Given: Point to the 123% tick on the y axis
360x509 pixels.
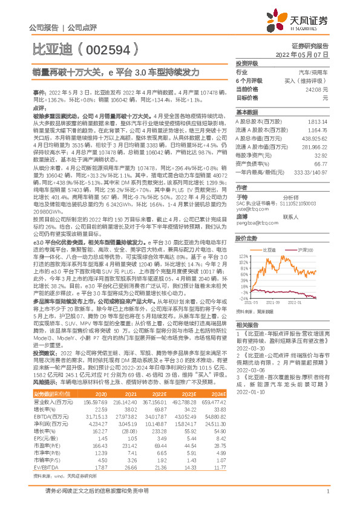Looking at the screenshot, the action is (x=243, y=256).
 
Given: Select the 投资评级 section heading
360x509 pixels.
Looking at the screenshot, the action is (x=246, y=63).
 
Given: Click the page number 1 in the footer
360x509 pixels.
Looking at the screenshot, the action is (x=327, y=491).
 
